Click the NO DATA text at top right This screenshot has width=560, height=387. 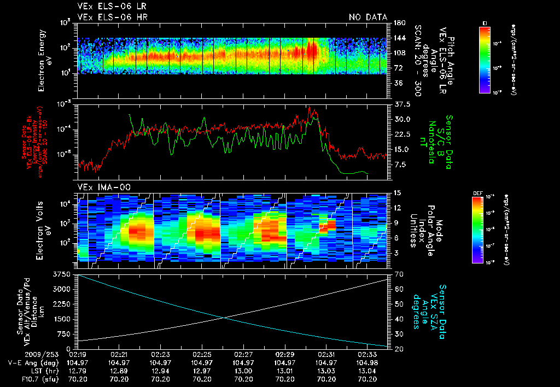tap(368, 17)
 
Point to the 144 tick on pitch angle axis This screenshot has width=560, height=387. tap(398, 38)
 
